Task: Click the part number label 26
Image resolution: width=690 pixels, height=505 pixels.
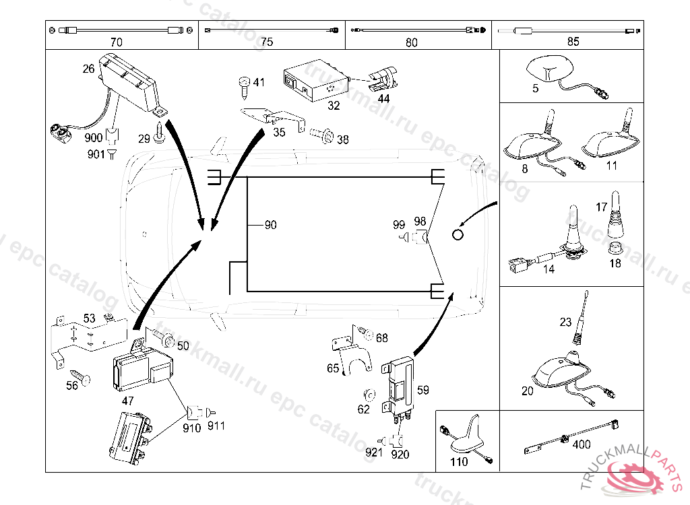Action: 89,69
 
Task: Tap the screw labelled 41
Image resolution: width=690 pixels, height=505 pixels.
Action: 243,84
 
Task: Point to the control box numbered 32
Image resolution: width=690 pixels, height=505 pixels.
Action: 314,78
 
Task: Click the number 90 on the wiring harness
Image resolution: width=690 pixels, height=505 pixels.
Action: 270,225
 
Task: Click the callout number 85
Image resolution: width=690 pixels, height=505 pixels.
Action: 573,42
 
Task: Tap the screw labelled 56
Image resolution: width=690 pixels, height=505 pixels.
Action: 80,376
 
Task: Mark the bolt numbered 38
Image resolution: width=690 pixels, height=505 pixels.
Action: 323,138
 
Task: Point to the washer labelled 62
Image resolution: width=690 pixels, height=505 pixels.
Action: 369,394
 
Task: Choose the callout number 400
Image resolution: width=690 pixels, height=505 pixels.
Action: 581,445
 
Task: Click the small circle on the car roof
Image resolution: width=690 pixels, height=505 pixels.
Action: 458,234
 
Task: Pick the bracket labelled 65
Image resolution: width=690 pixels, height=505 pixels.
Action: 350,350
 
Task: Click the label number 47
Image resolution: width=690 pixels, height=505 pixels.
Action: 128,400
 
